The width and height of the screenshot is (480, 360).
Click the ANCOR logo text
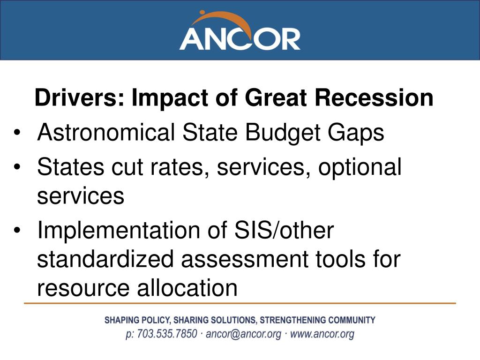pyautogui.click(x=240, y=39)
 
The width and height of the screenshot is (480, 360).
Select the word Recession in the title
pyautogui.click(x=374, y=97)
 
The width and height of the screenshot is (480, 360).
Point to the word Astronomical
pyautogui.click(x=106, y=132)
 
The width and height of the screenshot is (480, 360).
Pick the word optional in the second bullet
pyautogui.click(x=360, y=167)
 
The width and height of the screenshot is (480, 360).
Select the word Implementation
pyautogui.click(x=119, y=231)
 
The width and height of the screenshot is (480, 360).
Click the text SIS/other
pyautogui.click(x=284, y=230)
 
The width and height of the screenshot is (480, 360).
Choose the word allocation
pyautogui.click(x=187, y=287)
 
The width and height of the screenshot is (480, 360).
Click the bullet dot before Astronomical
pyautogui.click(x=17, y=133)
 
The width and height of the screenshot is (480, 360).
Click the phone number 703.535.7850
pyautogui.click(x=167, y=334)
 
